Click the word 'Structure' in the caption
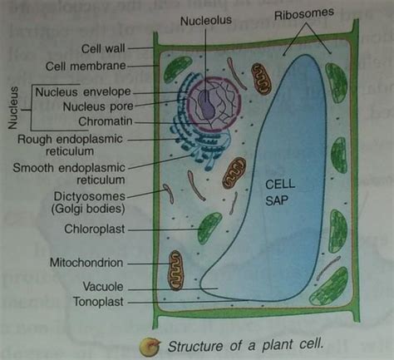click(198, 343)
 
